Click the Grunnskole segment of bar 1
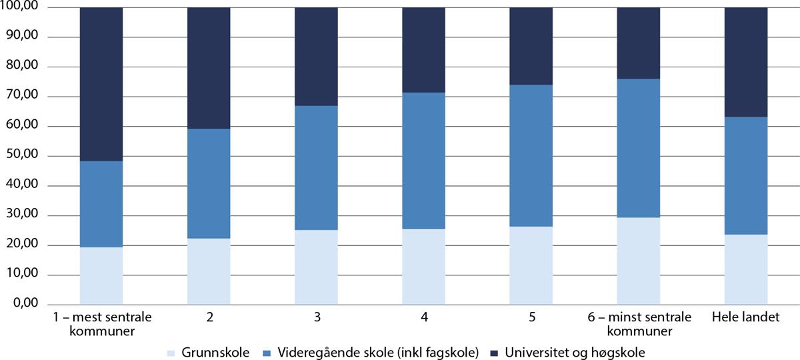101,275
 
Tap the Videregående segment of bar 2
208,183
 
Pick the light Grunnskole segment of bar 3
316,267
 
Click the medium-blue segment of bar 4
423,161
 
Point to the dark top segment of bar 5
531,46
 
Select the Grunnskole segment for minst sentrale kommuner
638,261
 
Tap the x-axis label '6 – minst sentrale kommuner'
638,323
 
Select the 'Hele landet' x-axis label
745,317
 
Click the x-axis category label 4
423,317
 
